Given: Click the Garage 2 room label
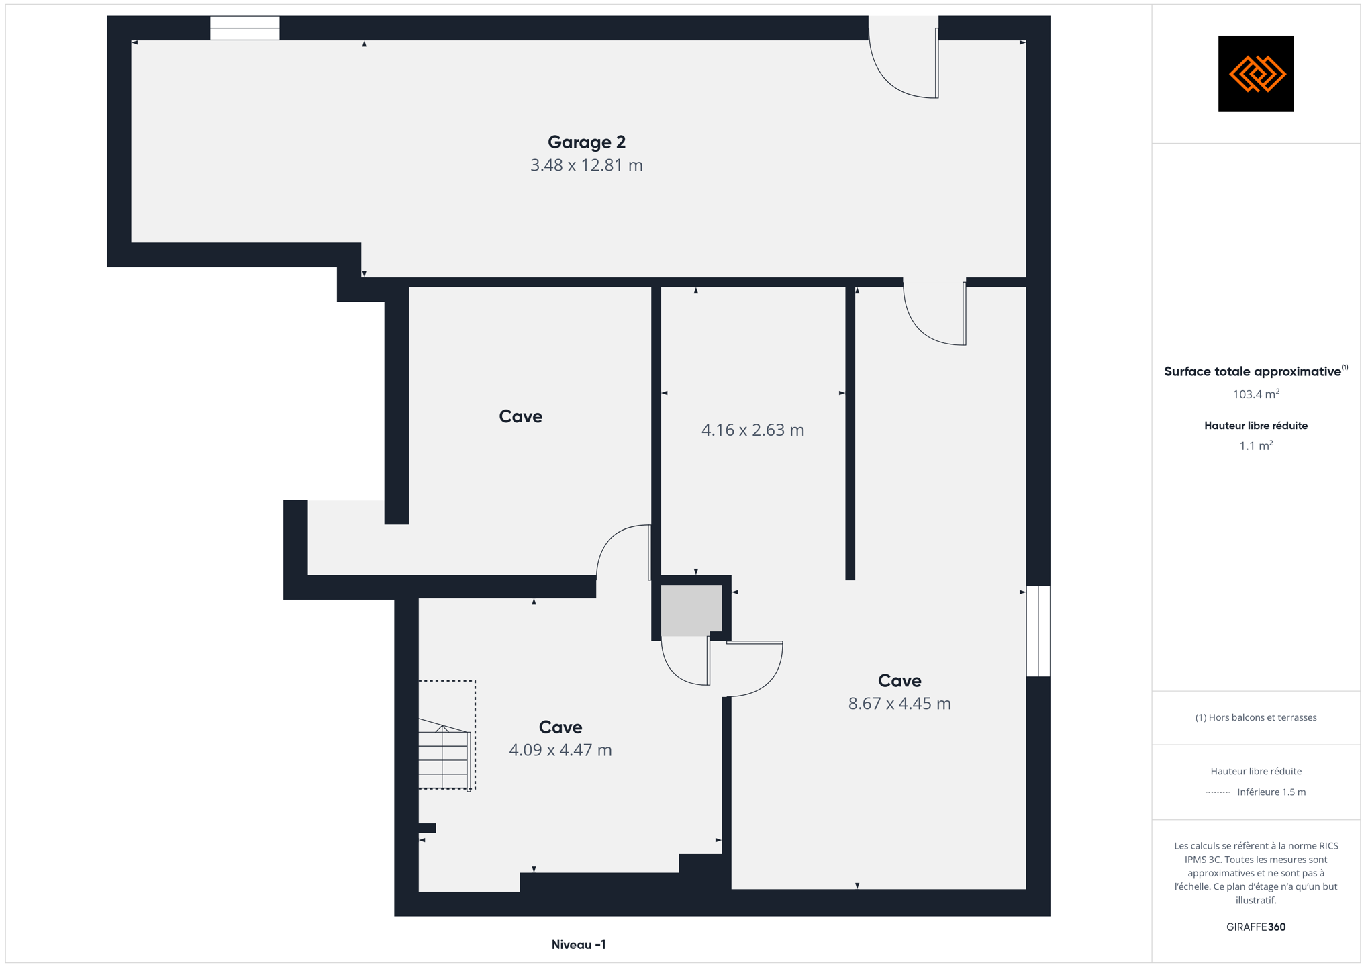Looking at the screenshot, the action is pyautogui.click(x=586, y=142).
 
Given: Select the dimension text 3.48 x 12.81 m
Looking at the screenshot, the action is pyautogui.click(x=586, y=165).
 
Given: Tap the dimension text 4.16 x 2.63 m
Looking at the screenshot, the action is pyautogui.click(x=752, y=430).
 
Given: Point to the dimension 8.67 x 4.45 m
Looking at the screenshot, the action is pyautogui.click(x=899, y=704).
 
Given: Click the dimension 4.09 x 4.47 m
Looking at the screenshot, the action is pyautogui.click(x=560, y=750).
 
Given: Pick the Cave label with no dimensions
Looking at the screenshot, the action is pyautogui.click(x=520, y=416).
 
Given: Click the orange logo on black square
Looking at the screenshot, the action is pyautogui.click(x=1256, y=74).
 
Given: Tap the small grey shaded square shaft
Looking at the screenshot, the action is pyautogui.click(x=691, y=610).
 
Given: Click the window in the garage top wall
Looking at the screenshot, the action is pyautogui.click(x=244, y=28).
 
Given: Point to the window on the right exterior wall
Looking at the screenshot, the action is pyautogui.click(x=1038, y=631).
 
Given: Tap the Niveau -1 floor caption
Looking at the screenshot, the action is pyautogui.click(x=579, y=944).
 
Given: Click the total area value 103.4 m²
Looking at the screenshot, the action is pyautogui.click(x=1256, y=394).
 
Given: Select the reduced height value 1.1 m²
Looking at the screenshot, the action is pyautogui.click(x=1256, y=445).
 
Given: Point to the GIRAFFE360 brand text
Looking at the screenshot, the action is pyautogui.click(x=1256, y=927).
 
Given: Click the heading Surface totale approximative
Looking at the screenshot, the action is pyautogui.click(x=1253, y=371).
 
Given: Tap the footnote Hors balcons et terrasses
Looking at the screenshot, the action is pyautogui.click(x=1256, y=717).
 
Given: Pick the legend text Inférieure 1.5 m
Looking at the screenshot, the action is pyautogui.click(x=1271, y=792).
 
